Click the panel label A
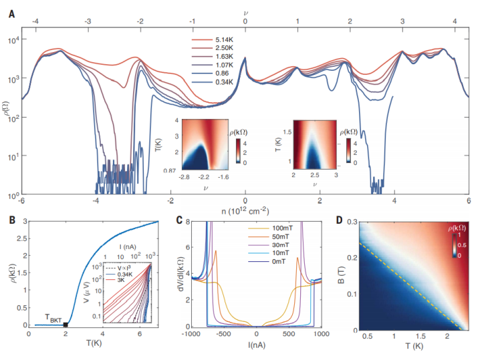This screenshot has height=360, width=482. [x=11, y=13]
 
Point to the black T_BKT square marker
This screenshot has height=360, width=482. [x=65, y=324]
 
